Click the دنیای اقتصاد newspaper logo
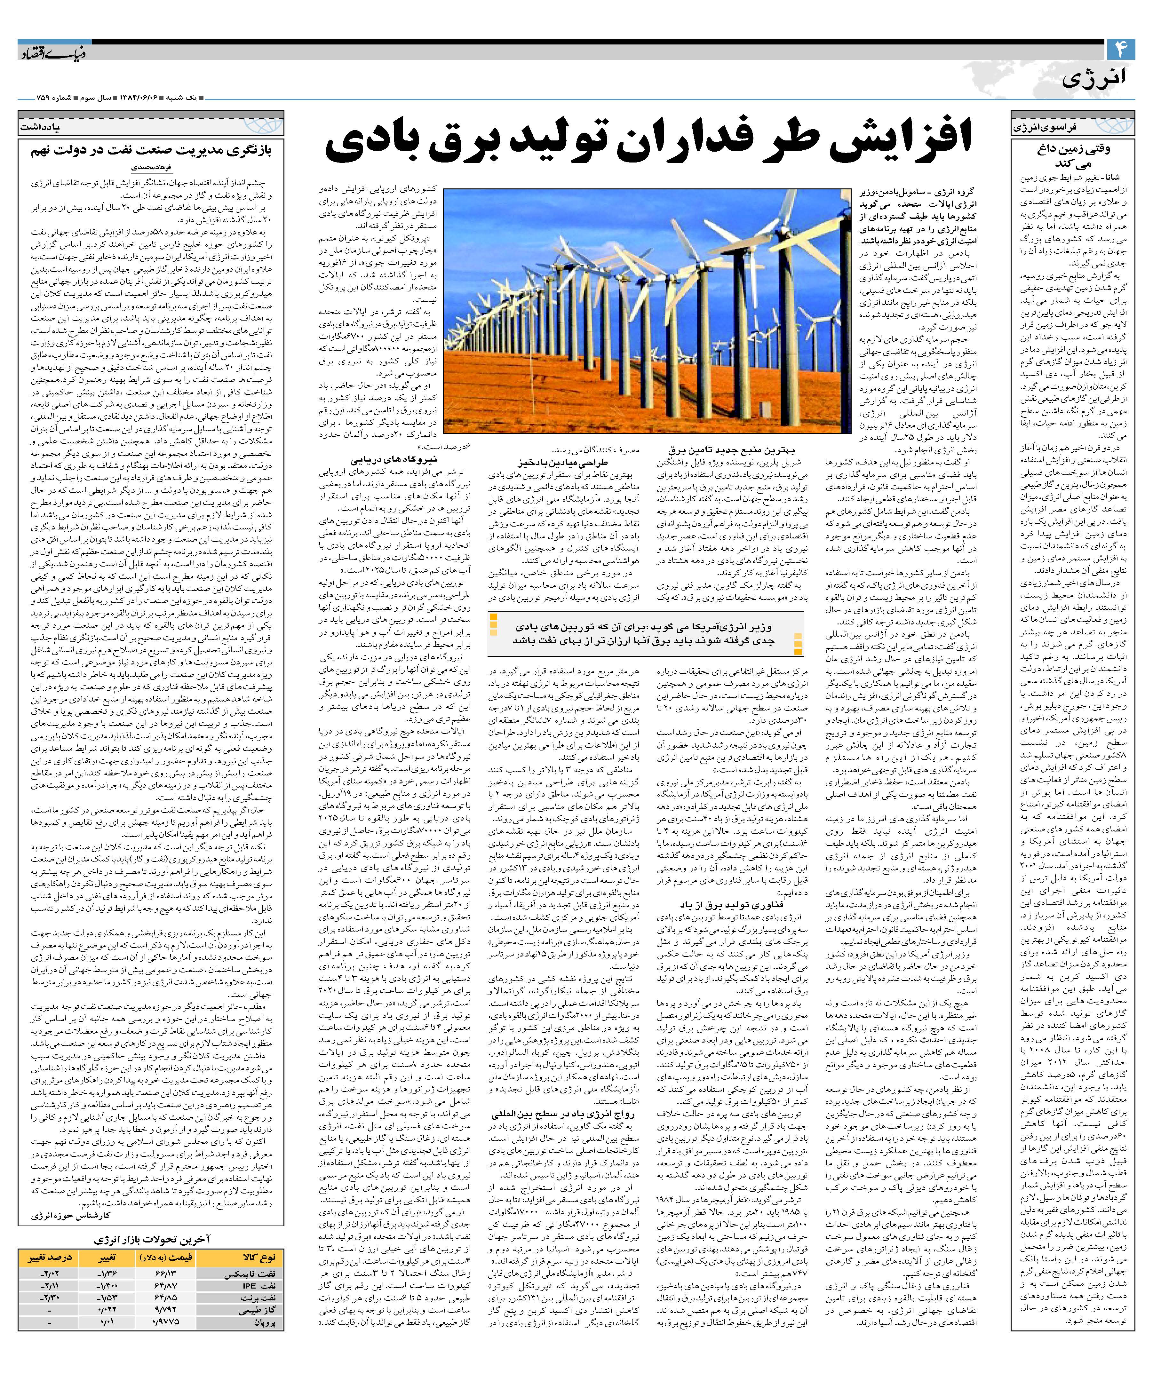coord(52,52)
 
